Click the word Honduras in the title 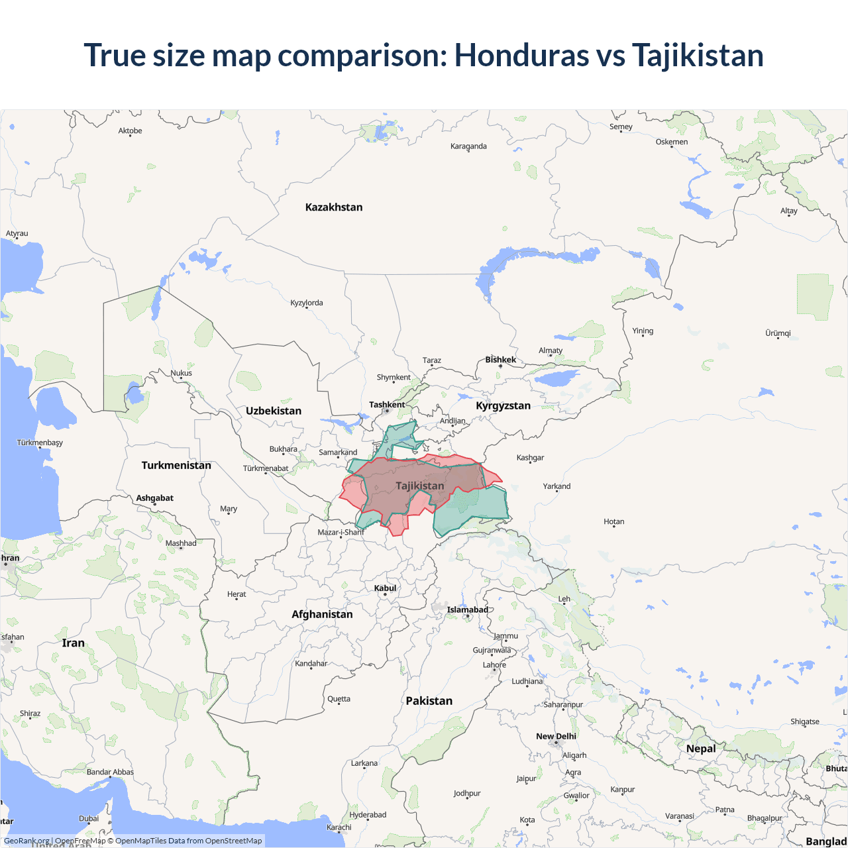coord(521,55)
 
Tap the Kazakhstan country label coord(334,207)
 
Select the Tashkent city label coord(387,405)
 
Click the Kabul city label coord(385,588)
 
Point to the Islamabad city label coord(467,609)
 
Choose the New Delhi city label coord(556,736)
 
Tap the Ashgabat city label coord(154,498)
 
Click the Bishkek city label coord(500,360)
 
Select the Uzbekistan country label coord(274,411)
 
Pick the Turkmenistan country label coord(176,465)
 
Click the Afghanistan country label coord(322,614)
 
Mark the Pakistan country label coord(429,701)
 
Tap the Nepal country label coord(701,749)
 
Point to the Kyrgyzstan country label coord(503,405)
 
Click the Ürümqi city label coord(778,333)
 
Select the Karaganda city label coord(468,146)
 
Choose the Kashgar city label coord(530,458)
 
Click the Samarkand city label coord(338,452)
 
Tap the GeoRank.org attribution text coord(26,841)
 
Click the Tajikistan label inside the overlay coord(420,486)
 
